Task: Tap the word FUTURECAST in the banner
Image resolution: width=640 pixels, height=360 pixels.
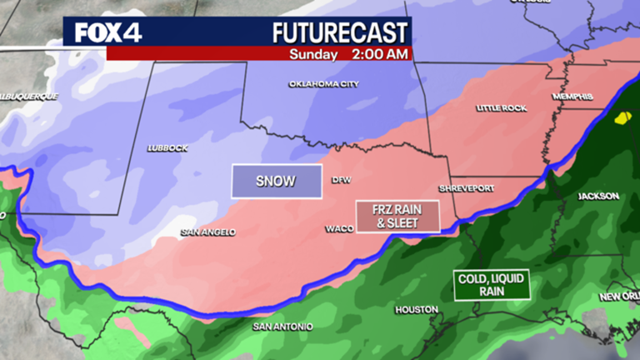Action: pyautogui.click(x=341, y=32)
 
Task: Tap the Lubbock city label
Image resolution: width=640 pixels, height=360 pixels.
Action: pyautogui.click(x=167, y=148)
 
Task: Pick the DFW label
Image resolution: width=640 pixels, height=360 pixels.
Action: pyautogui.click(x=342, y=180)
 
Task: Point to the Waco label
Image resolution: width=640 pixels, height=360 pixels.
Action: pyautogui.click(x=338, y=227)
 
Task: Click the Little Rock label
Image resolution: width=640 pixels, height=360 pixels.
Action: pyautogui.click(x=502, y=108)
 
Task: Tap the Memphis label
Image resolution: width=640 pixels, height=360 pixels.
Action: pyautogui.click(x=572, y=97)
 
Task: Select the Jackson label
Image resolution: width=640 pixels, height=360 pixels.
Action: pyautogui.click(x=598, y=197)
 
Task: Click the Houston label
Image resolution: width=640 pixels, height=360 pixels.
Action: pyautogui.click(x=417, y=309)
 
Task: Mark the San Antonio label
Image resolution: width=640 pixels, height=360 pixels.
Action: pyautogui.click(x=282, y=327)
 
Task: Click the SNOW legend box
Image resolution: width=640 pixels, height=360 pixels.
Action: pyautogui.click(x=276, y=181)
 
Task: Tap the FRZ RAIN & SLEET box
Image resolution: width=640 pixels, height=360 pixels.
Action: pyautogui.click(x=397, y=216)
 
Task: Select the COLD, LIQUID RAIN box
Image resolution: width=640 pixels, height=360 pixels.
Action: pyautogui.click(x=491, y=285)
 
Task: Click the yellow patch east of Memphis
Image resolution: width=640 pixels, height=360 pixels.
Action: pyautogui.click(x=622, y=118)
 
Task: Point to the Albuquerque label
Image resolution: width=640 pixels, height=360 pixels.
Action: pyautogui.click(x=28, y=97)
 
